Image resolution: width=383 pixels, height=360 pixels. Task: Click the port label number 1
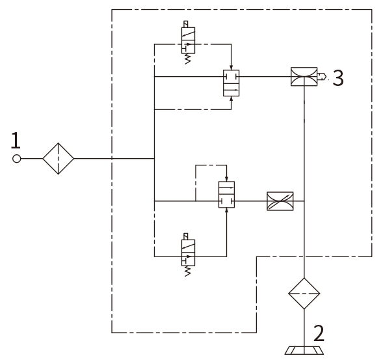[16, 141]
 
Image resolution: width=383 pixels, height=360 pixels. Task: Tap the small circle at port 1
[17, 159]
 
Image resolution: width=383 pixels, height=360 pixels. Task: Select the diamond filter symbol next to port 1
[58, 158]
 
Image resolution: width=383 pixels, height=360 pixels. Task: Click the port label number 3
[338, 78]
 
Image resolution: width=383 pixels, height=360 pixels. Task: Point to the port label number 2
[319, 333]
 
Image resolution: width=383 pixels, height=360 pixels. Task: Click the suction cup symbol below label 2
[304, 350]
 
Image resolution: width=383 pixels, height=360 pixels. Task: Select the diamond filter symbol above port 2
[304, 294]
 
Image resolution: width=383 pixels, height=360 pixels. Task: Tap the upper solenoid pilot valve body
[188, 40]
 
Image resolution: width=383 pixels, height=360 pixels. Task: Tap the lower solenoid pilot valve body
[188, 253]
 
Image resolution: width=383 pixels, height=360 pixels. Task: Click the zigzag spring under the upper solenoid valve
[187, 59]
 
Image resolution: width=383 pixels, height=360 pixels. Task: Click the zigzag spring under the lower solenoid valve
[187, 271]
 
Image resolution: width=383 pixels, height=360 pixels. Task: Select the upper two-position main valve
[231, 83]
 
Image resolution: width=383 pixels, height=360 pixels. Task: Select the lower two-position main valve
[227, 195]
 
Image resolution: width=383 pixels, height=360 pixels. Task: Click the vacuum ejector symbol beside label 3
[304, 77]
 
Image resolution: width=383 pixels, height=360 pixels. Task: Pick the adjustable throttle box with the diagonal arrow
[280, 201]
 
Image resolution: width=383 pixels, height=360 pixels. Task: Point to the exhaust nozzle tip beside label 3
[326, 77]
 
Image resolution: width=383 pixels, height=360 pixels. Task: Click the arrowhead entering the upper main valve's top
[231, 68]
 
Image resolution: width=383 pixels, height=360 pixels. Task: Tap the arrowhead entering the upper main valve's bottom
[231, 98]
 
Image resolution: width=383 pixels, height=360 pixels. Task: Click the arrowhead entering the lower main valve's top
[227, 179]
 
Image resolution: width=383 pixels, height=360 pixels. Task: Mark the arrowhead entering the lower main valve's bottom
[227, 210]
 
